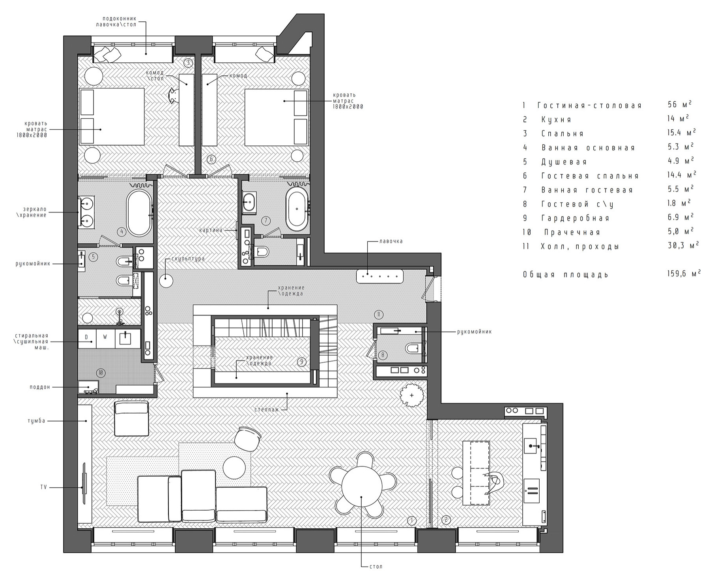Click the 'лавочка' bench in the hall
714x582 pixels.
[x=379, y=276]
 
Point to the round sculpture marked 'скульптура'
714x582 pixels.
[x=166, y=281]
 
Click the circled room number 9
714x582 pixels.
[x=302, y=362]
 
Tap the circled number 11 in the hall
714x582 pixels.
[x=378, y=314]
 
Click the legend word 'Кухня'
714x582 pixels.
[x=556, y=119]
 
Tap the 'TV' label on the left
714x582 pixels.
[x=43, y=487]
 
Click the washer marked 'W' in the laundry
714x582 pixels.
[x=105, y=337]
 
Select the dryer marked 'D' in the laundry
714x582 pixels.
[x=86, y=337]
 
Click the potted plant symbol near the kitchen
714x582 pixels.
[x=412, y=395]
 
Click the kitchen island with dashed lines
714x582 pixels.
[x=476, y=472]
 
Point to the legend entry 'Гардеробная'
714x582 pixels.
[x=575, y=218]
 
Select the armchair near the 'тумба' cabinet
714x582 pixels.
[x=131, y=418]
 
